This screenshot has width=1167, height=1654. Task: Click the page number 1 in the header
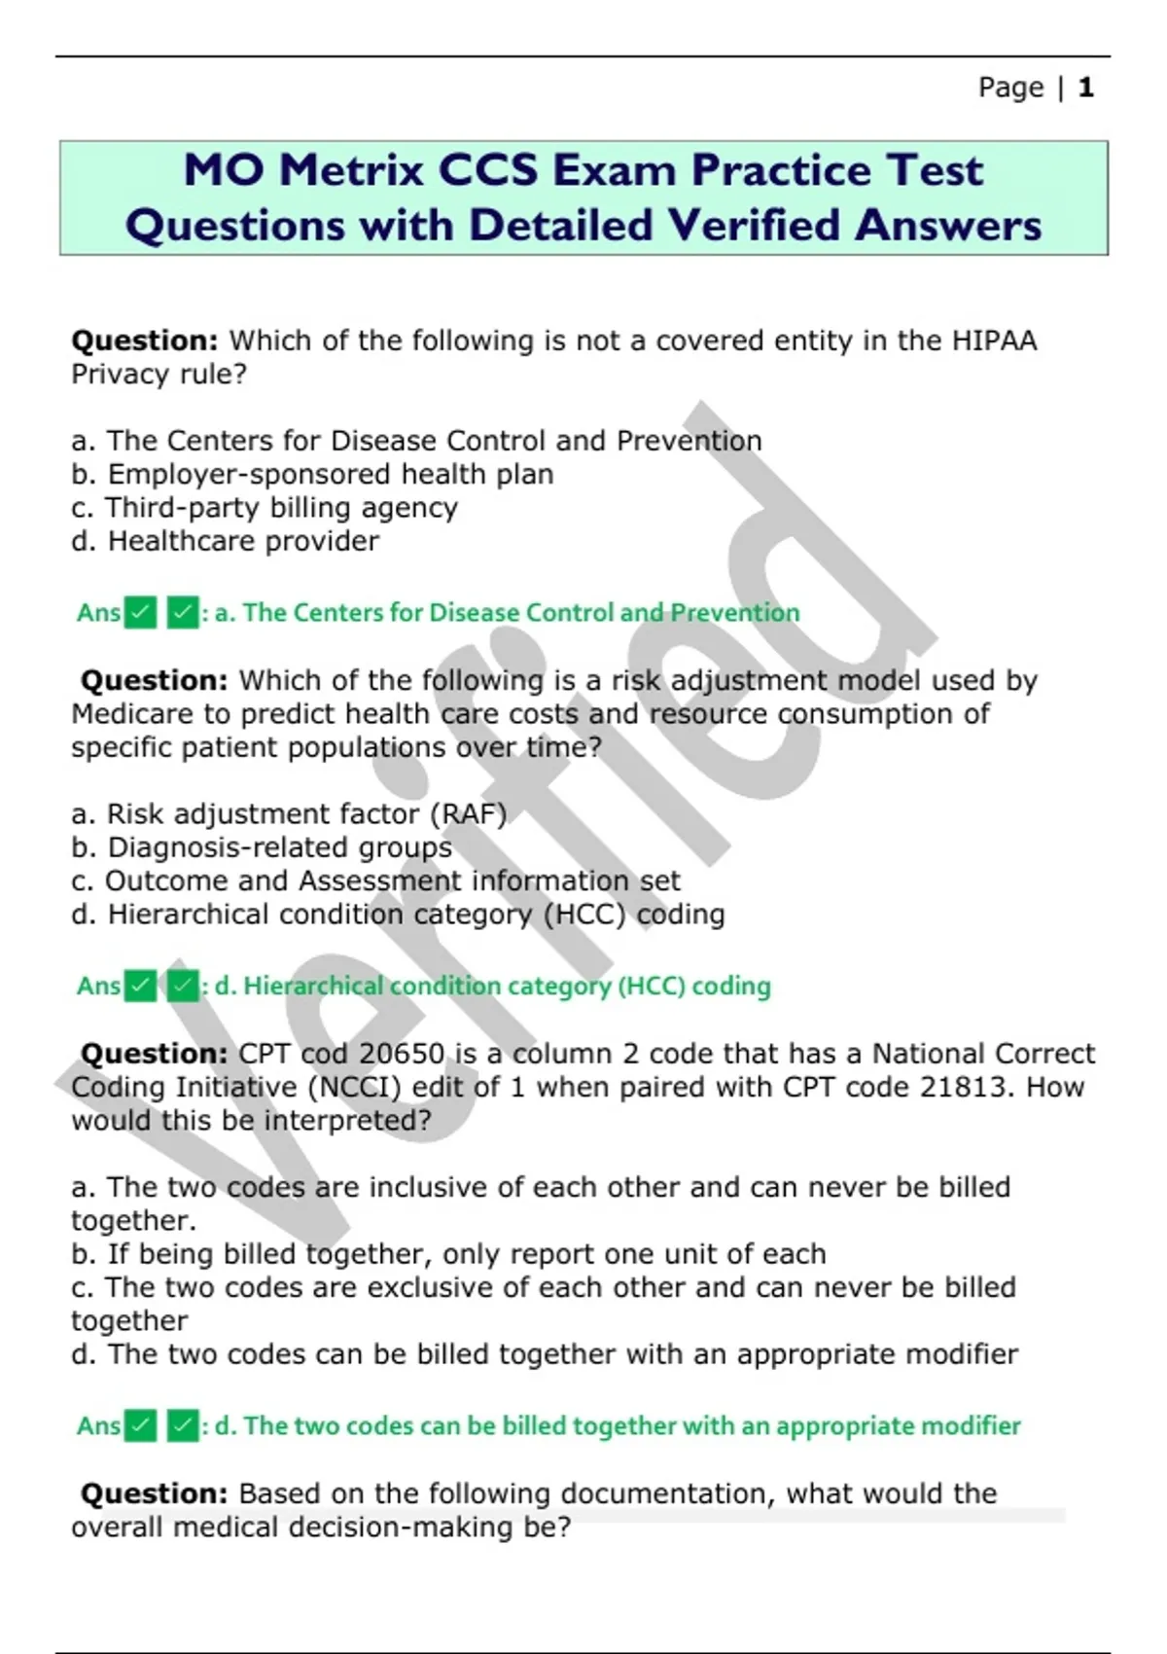pyautogui.click(x=1086, y=88)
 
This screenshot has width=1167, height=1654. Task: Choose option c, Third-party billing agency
pyautogui.click(x=265, y=508)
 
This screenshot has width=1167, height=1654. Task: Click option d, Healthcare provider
pyautogui.click(x=226, y=541)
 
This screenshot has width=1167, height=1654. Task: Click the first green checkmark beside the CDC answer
pyautogui.click(x=140, y=613)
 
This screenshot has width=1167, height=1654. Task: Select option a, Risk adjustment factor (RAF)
pyautogui.click(x=289, y=813)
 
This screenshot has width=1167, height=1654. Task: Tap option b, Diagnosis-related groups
pyautogui.click(x=262, y=847)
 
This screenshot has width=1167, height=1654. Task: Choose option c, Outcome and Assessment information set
pyautogui.click(x=375, y=881)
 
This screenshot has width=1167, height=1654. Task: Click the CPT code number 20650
pyautogui.click(x=402, y=1054)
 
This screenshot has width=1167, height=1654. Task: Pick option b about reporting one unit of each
pyautogui.click(x=448, y=1254)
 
